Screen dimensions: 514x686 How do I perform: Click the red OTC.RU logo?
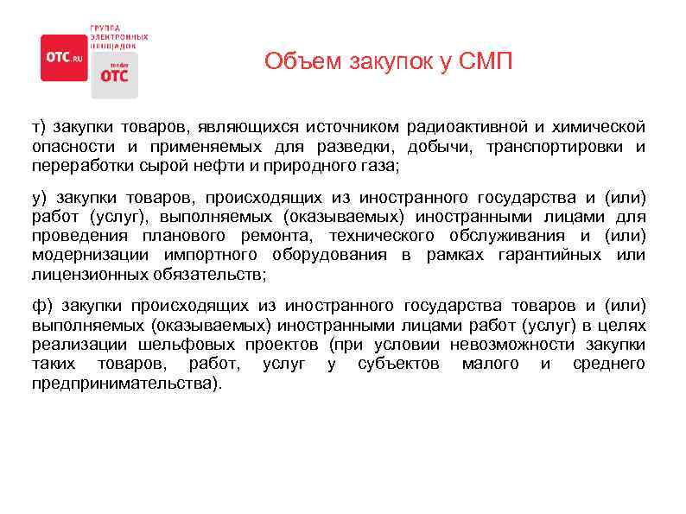[x=64, y=57]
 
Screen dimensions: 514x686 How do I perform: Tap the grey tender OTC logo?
[x=114, y=73]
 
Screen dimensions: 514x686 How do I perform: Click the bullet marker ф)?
[x=41, y=306]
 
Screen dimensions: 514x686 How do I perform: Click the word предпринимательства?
[x=124, y=382]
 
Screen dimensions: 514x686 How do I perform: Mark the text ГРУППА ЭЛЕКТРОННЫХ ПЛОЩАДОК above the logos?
[x=118, y=35]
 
